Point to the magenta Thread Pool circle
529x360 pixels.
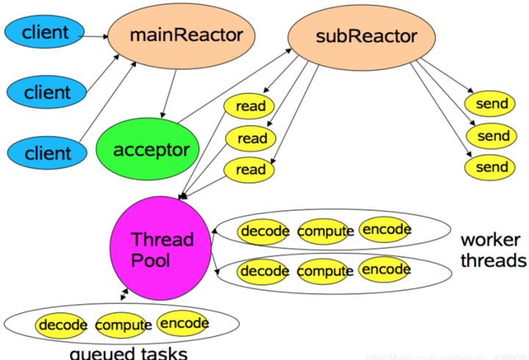tap(162, 250)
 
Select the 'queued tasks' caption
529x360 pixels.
tap(128, 353)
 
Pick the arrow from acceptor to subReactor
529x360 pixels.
tap(235, 88)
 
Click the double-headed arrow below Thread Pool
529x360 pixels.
tap(123, 294)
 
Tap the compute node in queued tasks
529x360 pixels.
tap(123, 325)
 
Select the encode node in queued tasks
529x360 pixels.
tap(184, 323)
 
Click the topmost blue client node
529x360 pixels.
tap(46, 32)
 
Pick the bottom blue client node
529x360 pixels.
tap(47, 154)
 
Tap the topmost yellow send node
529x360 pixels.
tap(492, 104)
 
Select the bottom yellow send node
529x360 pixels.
tap(492, 168)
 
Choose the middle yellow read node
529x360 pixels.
tap(251, 138)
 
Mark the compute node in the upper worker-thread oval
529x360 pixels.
tap(325, 231)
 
